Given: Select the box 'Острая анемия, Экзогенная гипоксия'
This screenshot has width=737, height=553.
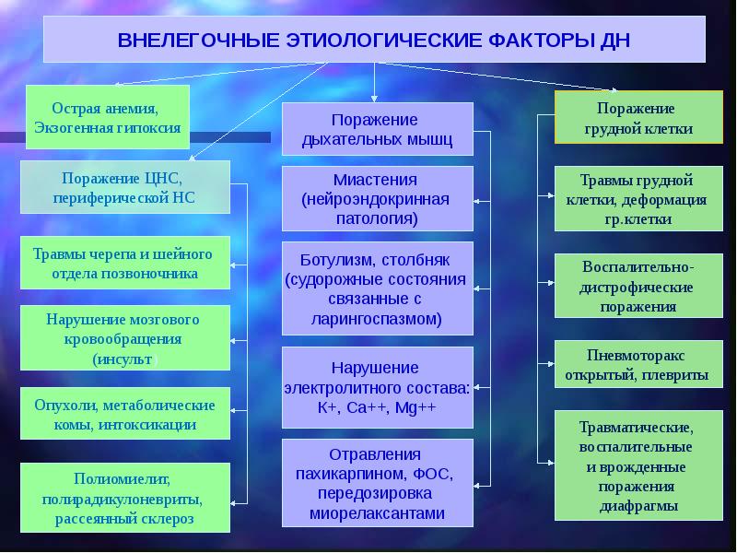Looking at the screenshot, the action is [x=108, y=117].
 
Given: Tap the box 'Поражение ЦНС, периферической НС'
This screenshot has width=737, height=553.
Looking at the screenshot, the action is [x=125, y=187].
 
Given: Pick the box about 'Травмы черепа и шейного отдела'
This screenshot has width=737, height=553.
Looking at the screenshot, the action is [x=125, y=263].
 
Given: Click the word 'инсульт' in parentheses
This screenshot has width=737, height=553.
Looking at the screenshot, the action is [x=124, y=359].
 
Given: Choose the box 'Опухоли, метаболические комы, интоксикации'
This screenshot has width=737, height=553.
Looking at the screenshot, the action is [x=125, y=414].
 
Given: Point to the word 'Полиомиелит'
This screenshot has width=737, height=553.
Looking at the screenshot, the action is [x=122, y=478].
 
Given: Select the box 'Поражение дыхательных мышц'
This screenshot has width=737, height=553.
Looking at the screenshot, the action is [x=378, y=129].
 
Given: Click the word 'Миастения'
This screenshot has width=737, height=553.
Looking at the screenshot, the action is [x=375, y=180].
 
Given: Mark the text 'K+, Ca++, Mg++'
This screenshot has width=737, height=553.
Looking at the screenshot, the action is [x=377, y=407].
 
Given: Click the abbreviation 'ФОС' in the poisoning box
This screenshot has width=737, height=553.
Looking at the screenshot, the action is [x=431, y=474].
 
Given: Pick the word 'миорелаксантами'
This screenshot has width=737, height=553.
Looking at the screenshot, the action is [x=377, y=513].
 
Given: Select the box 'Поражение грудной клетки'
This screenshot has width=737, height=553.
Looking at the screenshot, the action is [x=638, y=117].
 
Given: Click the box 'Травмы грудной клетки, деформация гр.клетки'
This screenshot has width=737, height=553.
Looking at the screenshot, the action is [x=638, y=198].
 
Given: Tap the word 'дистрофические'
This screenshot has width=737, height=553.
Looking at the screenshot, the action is [x=637, y=288].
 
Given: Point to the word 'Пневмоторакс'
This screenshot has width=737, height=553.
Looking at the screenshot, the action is [x=636, y=355].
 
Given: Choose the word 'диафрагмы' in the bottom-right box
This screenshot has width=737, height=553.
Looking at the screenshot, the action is [x=638, y=506].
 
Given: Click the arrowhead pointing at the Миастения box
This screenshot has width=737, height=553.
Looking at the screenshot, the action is [x=476, y=201].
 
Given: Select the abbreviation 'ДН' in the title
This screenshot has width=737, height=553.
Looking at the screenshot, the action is [x=614, y=40].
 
